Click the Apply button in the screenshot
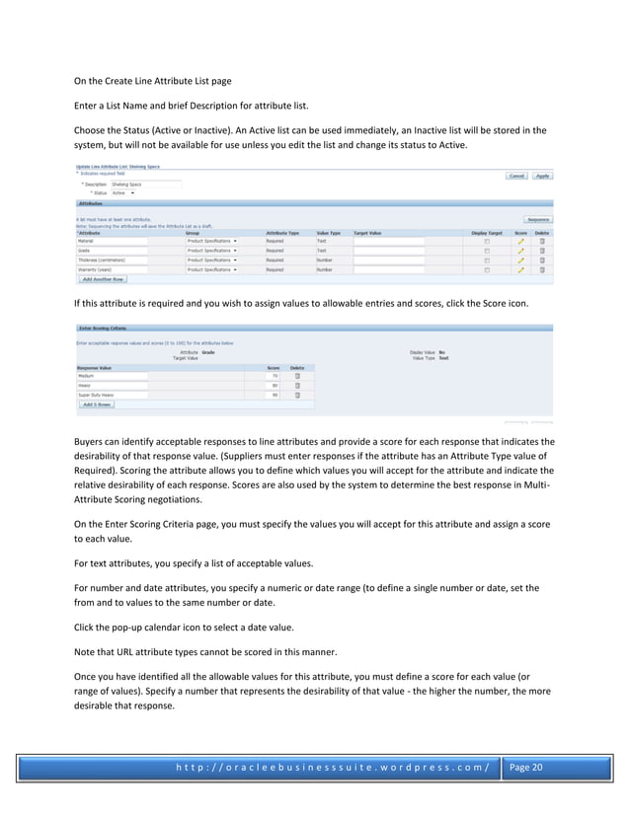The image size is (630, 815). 543,177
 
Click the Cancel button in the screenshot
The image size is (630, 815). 516,177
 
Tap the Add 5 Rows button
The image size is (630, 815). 97,405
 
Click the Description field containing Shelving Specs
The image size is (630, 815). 145,185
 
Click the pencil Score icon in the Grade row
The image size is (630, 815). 520,251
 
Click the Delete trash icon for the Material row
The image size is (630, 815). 541,241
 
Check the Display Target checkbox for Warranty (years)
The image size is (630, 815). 486,268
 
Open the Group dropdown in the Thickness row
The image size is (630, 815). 211,259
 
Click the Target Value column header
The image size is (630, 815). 368,232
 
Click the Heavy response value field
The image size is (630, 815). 112,386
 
